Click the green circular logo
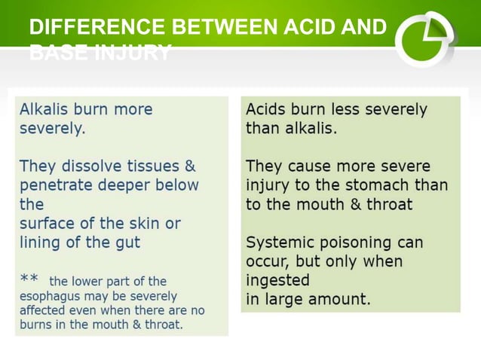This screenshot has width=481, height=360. [424, 38]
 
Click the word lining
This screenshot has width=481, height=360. [38, 242]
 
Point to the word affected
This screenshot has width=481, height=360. [42, 310]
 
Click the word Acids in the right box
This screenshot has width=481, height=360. [265, 109]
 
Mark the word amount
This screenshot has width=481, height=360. [342, 299]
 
